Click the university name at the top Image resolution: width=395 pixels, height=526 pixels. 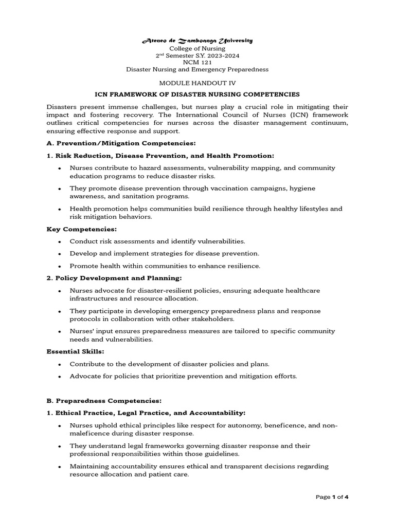[x=197, y=41]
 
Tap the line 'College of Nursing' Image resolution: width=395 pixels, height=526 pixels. [x=197, y=48]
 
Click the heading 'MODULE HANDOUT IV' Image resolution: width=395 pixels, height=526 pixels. [x=197, y=83]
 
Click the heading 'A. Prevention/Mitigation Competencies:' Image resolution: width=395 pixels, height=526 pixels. [x=121, y=142]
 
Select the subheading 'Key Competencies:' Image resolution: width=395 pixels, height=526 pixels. [x=82, y=229]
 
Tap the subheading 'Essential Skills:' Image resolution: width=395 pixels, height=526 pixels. [x=75, y=351]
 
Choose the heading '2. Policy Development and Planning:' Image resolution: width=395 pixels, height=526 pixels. [x=114, y=278]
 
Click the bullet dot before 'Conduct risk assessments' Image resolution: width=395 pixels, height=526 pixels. [x=60, y=241]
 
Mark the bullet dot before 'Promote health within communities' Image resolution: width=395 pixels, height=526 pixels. [x=60, y=266]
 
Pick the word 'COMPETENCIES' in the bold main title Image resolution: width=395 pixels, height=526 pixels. [x=267, y=95]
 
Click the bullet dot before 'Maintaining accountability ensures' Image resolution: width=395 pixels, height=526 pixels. [x=60, y=467]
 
